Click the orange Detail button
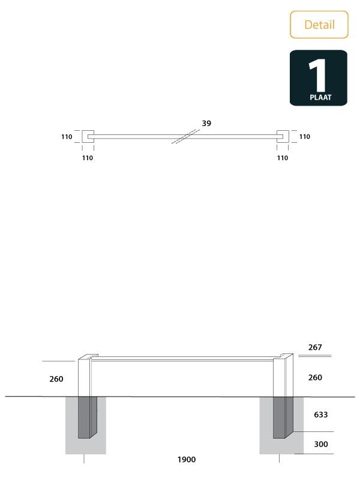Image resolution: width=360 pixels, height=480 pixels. point(319,25)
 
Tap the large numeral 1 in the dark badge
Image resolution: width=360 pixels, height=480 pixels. point(317,74)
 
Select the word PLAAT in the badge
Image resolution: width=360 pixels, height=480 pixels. point(318,97)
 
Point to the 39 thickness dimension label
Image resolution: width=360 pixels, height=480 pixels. point(206,123)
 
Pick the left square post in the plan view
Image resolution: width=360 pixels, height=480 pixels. point(88,137)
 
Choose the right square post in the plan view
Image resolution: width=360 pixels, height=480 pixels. point(282,137)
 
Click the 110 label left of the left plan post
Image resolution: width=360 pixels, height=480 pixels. point(67,137)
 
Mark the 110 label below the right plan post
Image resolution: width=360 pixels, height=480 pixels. point(282,158)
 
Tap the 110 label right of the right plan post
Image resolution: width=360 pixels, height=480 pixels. point(304,137)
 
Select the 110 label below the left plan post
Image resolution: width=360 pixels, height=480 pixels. point(88,158)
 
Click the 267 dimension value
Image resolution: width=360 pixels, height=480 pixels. point(315,347)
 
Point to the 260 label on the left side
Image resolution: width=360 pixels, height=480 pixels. point(56,379)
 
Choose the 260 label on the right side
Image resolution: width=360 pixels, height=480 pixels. point(315,377)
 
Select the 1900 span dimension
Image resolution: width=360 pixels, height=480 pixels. point(186,460)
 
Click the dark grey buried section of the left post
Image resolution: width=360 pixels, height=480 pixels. point(87,417)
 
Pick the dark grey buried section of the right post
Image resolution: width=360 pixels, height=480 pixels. point(283,417)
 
